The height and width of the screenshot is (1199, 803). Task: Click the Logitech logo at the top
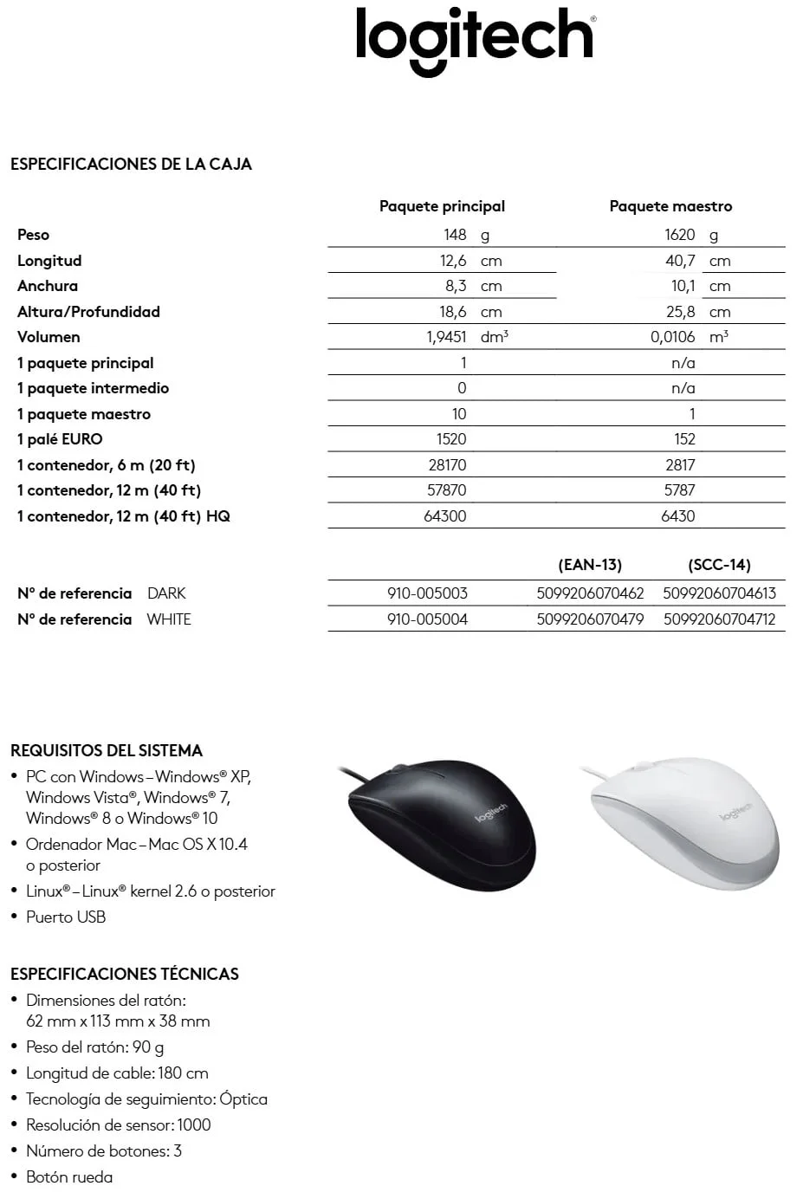click(475, 40)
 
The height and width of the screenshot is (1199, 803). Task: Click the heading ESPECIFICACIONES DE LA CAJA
click(131, 165)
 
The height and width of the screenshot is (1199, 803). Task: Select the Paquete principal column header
click(442, 206)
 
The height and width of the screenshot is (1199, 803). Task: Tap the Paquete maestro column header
click(670, 206)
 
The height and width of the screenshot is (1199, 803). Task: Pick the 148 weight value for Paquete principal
click(455, 235)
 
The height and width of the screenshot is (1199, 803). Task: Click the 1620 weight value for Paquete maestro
click(680, 235)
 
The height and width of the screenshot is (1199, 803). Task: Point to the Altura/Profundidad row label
click(88, 312)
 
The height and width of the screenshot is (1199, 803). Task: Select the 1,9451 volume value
click(446, 337)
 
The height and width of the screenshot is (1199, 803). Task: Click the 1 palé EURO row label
click(60, 439)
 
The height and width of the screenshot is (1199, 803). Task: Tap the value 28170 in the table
click(447, 465)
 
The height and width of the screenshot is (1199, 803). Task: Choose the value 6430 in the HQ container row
click(678, 516)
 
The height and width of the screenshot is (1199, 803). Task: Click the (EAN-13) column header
click(590, 565)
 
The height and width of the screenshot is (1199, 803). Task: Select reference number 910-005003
click(427, 593)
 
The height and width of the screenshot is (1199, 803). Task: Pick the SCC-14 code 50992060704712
click(719, 619)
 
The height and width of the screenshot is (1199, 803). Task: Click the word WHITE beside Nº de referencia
click(169, 619)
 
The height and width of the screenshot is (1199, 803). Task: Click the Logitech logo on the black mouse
click(491, 812)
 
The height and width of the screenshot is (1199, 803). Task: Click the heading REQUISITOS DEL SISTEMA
click(107, 751)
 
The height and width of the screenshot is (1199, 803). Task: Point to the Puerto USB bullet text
click(66, 917)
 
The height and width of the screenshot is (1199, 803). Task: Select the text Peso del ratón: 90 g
click(94, 1047)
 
